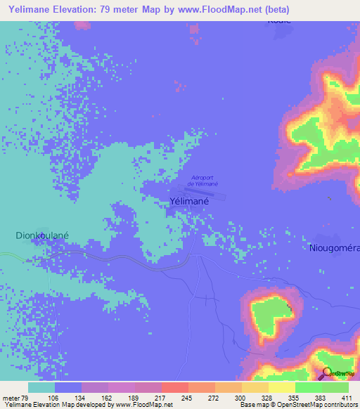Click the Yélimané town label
point(188,201)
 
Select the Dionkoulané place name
point(41,237)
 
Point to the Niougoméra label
point(334,247)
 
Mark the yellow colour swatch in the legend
point(281,387)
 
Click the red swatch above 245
point(174,387)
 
